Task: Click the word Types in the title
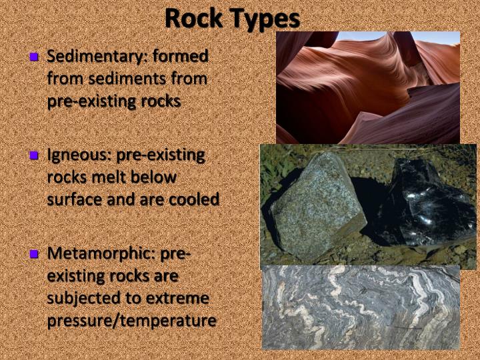(x=265, y=19)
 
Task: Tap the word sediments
(x=117, y=79)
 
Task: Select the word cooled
(x=197, y=199)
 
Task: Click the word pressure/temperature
(x=131, y=320)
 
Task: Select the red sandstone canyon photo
(x=368, y=87)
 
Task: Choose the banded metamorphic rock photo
(x=361, y=307)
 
